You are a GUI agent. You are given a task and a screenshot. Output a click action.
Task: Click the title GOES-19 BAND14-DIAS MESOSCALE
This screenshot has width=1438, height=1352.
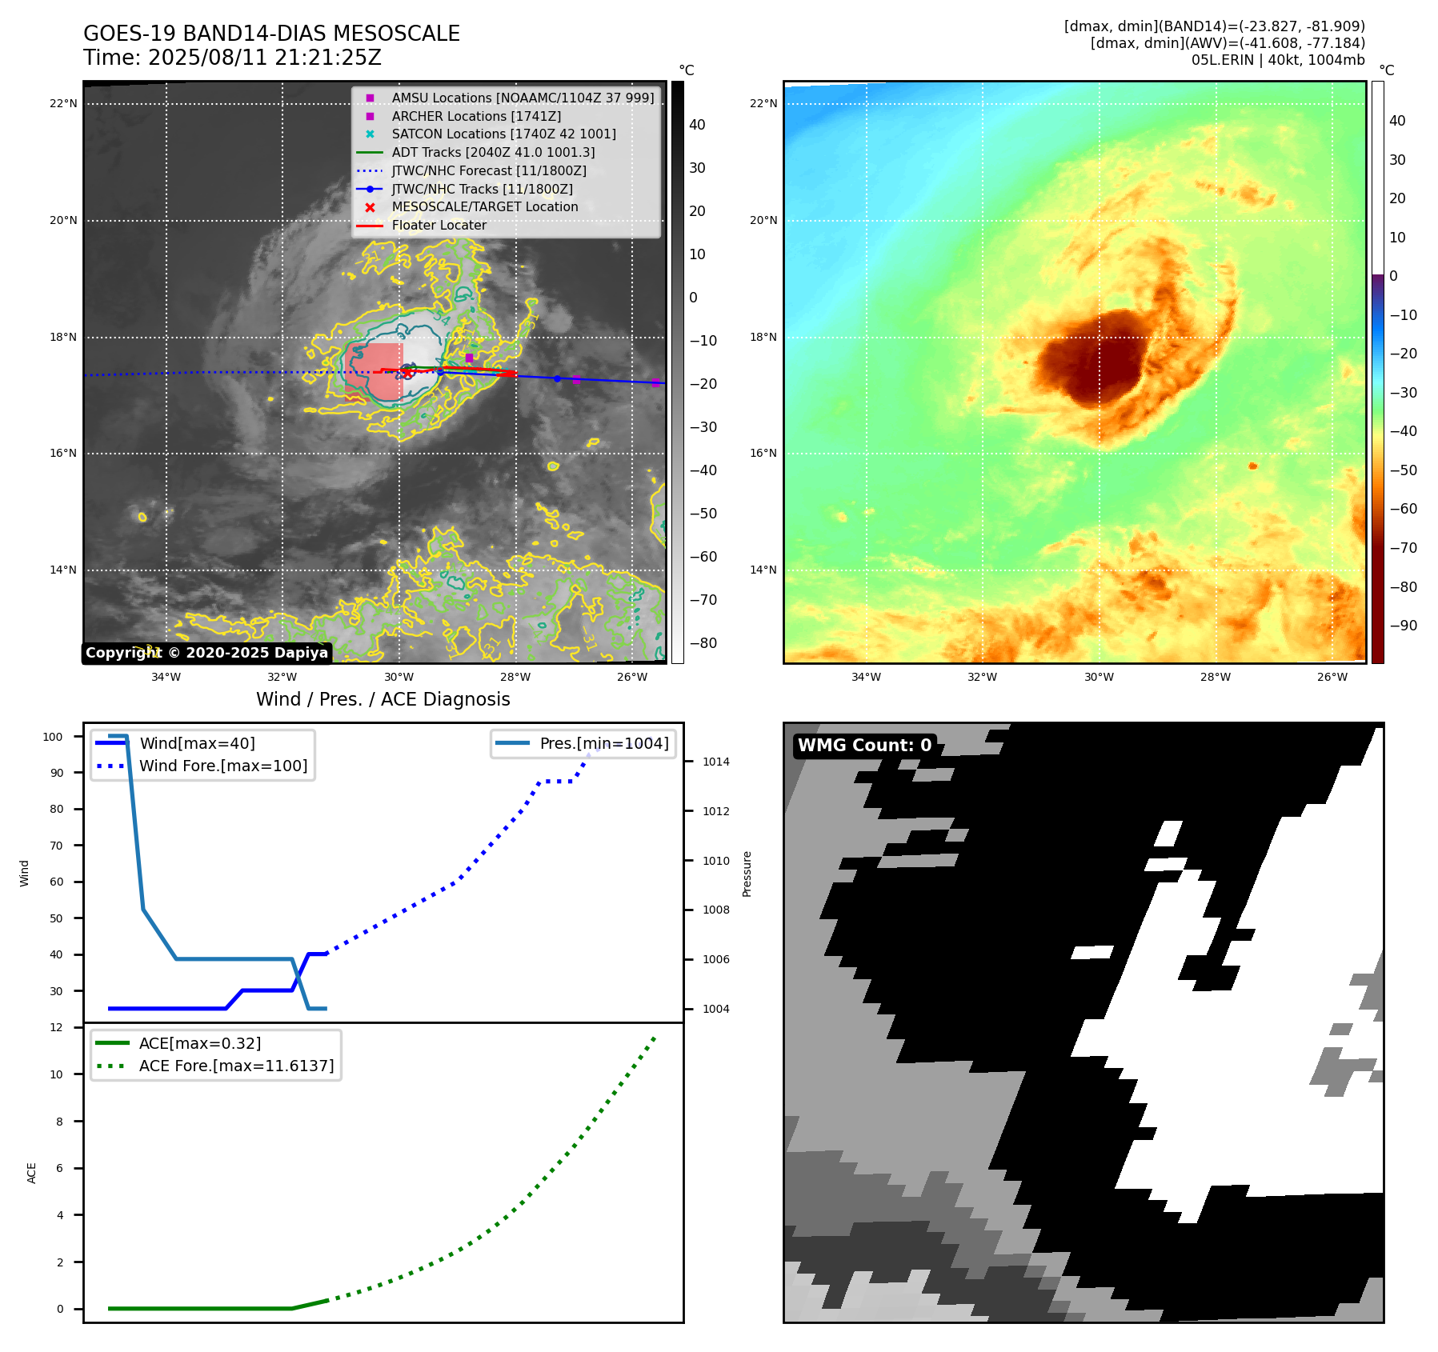click(x=271, y=34)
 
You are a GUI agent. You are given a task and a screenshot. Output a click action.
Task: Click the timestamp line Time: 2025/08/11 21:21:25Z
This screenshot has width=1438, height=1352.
click(x=232, y=58)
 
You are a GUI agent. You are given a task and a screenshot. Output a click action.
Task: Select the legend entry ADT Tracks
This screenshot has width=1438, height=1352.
click(x=493, y=152)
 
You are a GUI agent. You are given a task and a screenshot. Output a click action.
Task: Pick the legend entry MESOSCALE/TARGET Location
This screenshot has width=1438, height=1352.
click(x=484, y=206)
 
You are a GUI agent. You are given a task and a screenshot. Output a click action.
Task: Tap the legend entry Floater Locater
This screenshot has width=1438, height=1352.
click(x=439, y=225)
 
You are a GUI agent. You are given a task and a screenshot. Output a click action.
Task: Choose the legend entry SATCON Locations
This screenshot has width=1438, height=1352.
click(x=503, y=134)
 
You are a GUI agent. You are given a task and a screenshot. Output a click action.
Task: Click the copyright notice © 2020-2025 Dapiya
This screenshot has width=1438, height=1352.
click(x=206, y=653)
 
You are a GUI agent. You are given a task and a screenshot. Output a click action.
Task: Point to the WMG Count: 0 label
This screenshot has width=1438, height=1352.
click(x=864, y=745)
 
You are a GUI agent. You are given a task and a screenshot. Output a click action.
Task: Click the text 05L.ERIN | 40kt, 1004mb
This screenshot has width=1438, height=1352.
click(x=1278, y=60)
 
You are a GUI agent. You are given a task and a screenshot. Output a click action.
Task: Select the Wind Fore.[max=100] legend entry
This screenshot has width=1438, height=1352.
click(x=223, y=766)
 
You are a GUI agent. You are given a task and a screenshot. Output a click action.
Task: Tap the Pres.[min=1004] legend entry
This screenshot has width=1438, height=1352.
click(x=603, y=743)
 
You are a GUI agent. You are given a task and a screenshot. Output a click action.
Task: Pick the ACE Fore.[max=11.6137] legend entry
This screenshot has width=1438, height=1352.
click(x=236, y=1066)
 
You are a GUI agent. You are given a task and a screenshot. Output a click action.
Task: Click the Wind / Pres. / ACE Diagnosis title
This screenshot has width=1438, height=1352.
click(x=383, y=699)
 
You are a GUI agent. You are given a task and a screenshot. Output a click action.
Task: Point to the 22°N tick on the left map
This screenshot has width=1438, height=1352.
click(x=63, y=103)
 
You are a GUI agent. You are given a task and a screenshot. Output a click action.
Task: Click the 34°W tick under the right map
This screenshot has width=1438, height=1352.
click(x=866, y=677)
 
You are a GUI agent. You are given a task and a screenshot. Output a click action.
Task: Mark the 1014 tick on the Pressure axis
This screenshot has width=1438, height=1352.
click(x=715, y=762)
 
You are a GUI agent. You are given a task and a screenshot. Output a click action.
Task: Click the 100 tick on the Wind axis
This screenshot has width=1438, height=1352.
click(x=53, y=737)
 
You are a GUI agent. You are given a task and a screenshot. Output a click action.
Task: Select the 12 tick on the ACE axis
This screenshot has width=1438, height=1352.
click(x=56, y=1027)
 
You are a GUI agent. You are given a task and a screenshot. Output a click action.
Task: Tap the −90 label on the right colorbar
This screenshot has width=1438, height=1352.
click(x=1403, y=626)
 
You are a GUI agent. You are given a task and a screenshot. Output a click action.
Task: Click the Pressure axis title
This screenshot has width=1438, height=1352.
click(x=747, y=874)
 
